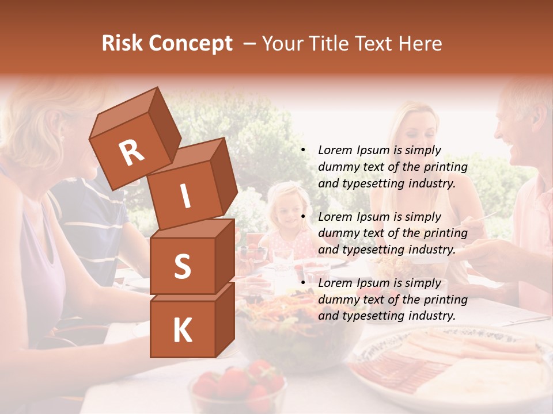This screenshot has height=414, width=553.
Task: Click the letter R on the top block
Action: point(131,152)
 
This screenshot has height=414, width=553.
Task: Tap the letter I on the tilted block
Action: point(185,196)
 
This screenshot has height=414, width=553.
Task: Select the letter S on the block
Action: point(182,266)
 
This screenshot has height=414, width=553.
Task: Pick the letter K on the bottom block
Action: point(182,330)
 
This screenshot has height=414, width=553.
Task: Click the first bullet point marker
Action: point(303,150)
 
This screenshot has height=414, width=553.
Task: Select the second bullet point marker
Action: point(303,217)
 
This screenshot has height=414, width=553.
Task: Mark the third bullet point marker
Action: point(303,283)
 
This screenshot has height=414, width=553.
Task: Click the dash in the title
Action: point(250,44)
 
